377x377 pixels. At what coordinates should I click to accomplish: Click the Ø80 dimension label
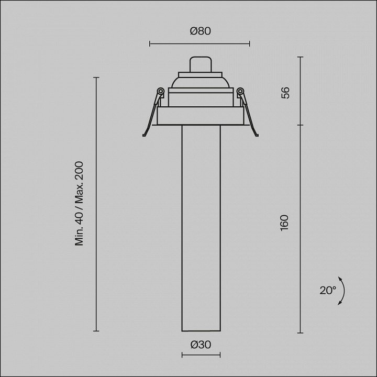tap(200, 31)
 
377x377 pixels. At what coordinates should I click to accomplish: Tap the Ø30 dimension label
tap(201, 345)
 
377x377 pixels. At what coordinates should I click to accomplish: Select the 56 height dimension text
tap(285, 93)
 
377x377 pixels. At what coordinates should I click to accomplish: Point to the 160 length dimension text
tap(284, 223)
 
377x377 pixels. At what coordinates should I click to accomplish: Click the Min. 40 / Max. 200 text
tap(79, 203)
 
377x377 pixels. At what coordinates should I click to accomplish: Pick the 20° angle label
tap(328, 291)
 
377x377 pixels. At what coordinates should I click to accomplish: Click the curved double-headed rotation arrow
tap(343, 291)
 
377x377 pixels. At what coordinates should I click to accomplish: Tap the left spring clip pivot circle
tap(160, 91)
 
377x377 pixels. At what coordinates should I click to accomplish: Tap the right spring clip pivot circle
tap(240, 91)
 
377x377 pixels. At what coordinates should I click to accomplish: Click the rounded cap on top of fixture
tap(201, 64)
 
